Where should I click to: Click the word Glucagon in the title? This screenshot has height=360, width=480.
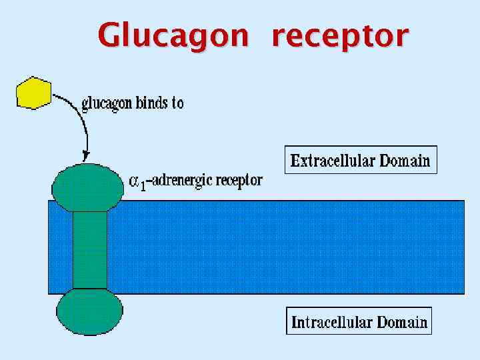point(173,35)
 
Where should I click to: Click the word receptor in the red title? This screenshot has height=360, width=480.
point(339,37)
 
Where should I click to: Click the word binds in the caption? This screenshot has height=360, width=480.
point(151,103)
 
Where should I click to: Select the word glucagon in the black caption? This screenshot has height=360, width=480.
point(107,105)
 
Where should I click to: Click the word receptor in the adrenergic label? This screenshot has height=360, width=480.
point(240,181)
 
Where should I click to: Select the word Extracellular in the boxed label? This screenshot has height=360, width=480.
point(333,161)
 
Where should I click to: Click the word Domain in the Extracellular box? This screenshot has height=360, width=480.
point(405,161)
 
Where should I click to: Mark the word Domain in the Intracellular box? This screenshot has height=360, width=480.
point(402,322)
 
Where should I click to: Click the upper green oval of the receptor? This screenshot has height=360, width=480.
point(88,186)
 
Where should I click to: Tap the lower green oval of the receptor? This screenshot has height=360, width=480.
point(89,311)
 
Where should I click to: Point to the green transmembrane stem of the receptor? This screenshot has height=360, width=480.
point(89,250)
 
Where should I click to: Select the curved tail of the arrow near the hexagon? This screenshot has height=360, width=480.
point(67,99)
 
